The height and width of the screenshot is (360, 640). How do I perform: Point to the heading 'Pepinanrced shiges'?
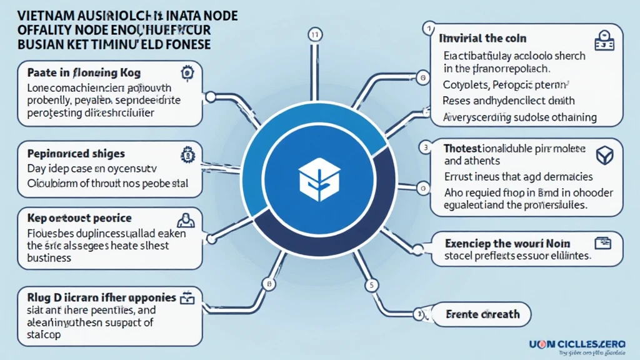tap(76, 153)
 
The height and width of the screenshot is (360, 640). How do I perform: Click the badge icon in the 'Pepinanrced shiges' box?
tap(186, 153)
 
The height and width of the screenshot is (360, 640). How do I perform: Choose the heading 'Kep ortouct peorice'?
tap(79, 218)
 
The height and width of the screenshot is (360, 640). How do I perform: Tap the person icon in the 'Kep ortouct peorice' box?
tap(185, 219)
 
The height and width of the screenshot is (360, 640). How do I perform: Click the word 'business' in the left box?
tap(49, 257)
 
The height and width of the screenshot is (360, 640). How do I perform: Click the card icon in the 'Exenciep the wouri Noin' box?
tap(604, 241)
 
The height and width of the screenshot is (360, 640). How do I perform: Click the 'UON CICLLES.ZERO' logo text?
tap(579, 342)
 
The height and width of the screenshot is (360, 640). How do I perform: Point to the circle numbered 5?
tap(371, 286)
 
